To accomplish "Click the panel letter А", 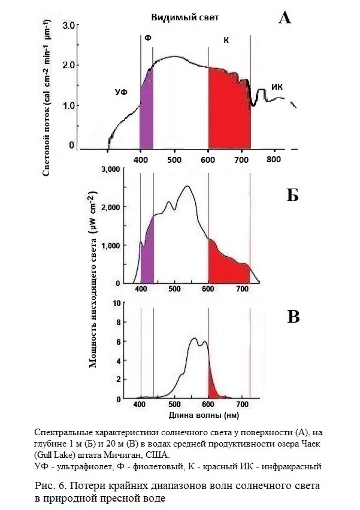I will pyautogui.click(x=285, y=19).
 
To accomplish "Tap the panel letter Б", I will pyautogui.click(x=292, y=195).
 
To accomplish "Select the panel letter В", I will pyautogui.click(x=293, y=317).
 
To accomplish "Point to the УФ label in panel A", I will pyautogui.click(x=122, y=92).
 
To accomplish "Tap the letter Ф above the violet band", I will pyautogui.click(x=147, y=38).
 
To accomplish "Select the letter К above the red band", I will pyautogui.click(x=226, y=40).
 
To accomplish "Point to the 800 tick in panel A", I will pyautogui.click(x=274, y=160).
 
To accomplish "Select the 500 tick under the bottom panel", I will pyautogui.click(x=174, y=404).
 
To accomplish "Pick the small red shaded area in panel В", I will pyautogui.click(x=213, y=390).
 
